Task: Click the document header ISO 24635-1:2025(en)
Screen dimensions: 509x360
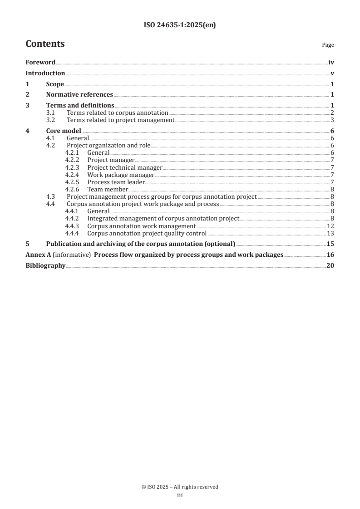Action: pyautogui.click(x=180, y=25)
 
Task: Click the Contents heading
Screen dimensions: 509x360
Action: pyautogui.click(x=45, y=44)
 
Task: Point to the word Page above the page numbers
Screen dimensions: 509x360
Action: pyautogui.click(x=328, y=45)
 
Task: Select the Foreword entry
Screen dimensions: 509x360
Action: pyautogui.click(x=40, y=63)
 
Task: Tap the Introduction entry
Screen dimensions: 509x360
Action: pyautogui.click(x=45, y=73)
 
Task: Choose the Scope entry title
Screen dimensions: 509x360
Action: pyautogui.click(x=55, y=84)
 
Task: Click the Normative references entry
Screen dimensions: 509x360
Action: pyautogui.click(x=79, y=95)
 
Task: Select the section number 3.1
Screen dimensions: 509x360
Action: pyautogui.click(x=51, y=113)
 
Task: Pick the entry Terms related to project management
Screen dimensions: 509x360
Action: pyautogui.click(x=120, y=120)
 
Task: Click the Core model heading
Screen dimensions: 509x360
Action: pyautogui.click(x=64, y=131)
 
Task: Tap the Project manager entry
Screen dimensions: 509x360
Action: pyautogui.click(x=111, y=160)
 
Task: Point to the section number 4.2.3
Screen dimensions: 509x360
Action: pyautogui.click(x=72, y=167)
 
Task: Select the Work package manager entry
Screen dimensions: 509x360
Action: pyautogui.click(x=121, y=175)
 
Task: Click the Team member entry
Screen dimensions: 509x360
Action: pyautogui.click(x=108, y=189)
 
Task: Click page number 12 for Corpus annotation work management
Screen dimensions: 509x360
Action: pyautogui.click(x=330, y=226)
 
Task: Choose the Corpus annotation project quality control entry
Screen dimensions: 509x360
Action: pyautogui.click(x=147, y=233)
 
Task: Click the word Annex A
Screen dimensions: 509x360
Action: pyautogui.click(x=35, y=254)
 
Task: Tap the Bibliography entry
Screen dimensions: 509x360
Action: pyautogui.click(x=45, y=265)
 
